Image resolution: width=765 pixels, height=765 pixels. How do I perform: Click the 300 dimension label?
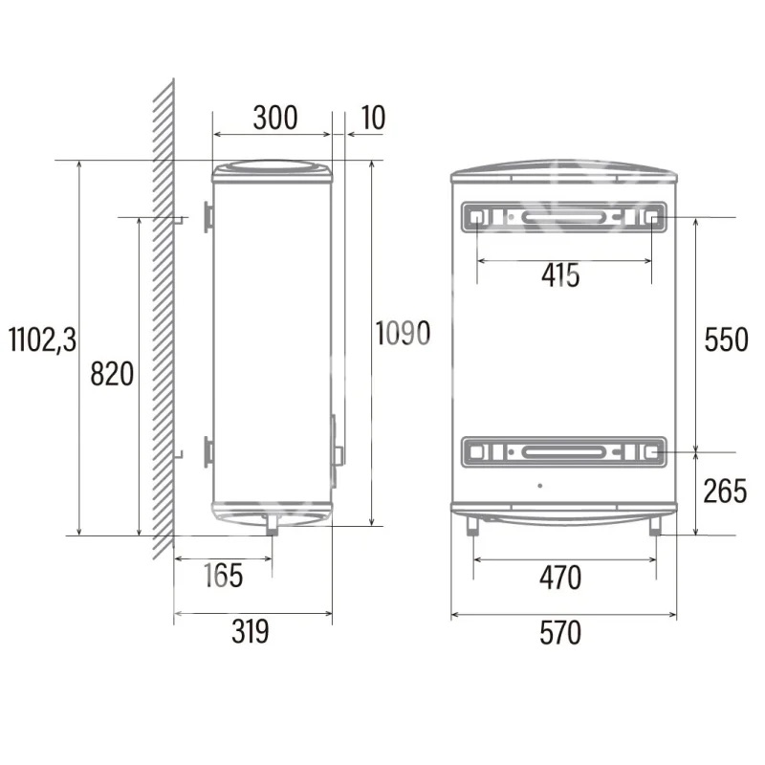point(275,118)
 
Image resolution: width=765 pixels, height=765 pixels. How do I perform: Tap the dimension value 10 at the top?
point(373,118)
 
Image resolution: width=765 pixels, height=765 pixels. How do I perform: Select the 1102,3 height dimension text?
point(43,339)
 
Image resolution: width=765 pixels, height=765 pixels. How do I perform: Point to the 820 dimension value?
point(112,374)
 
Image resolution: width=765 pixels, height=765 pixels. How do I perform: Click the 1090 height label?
point(403,334)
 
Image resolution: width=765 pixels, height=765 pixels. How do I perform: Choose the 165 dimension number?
point(223,576)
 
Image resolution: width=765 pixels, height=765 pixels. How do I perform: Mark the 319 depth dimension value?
point(251,631)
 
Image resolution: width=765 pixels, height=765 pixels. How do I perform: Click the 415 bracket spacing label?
point(560,275)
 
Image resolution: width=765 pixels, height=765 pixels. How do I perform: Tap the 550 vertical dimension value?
point(726,339)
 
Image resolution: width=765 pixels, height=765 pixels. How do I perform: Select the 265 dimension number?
point(725,491)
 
